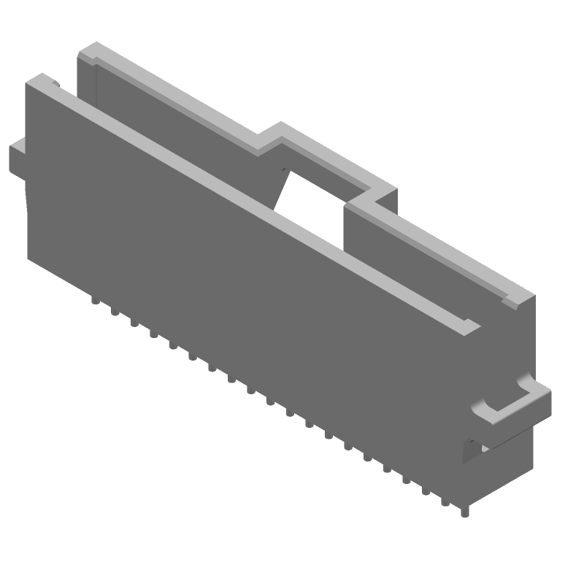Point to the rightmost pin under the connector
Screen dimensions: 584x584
point(464,510)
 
